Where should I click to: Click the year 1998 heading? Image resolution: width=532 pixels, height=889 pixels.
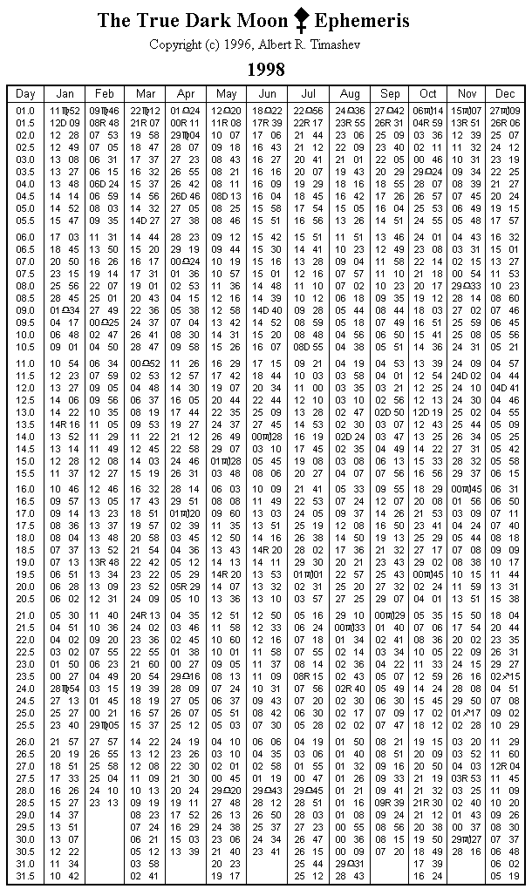(265, 69)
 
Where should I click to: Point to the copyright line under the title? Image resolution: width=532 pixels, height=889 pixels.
(265, 44)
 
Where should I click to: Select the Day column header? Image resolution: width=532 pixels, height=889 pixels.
(25, 94)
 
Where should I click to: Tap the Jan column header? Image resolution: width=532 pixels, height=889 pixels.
(65, 94)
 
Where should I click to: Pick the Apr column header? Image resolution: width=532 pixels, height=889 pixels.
(185, 94)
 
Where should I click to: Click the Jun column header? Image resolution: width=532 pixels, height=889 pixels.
(267, 94)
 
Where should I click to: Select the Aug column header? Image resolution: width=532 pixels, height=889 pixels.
(350, 94)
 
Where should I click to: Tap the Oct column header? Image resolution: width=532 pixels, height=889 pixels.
(427, 94)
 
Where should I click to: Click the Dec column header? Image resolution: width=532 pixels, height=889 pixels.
(505, 94)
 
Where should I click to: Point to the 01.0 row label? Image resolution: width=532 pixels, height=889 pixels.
(25, 111)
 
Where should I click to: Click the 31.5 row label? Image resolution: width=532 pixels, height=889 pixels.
(25, 876)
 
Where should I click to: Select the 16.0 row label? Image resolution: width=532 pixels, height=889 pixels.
(25, 490)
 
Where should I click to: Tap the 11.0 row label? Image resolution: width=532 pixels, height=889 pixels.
(25, 363)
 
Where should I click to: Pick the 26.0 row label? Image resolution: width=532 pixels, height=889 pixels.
(25, 742)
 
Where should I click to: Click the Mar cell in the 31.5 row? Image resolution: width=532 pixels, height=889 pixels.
(145, 876)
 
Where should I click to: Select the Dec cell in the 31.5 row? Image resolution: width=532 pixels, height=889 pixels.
(505, 876)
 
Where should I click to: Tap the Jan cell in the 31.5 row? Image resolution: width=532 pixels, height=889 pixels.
(65, 876)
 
